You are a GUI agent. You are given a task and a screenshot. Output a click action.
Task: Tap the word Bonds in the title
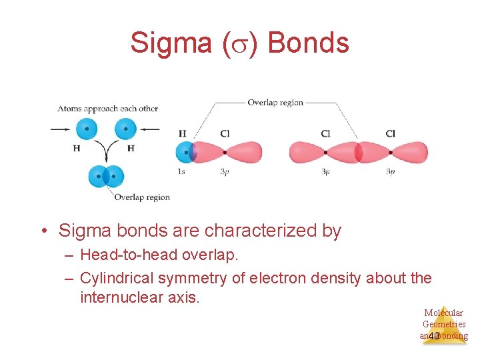point(308,43)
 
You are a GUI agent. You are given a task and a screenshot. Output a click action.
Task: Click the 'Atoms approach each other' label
point(108,108)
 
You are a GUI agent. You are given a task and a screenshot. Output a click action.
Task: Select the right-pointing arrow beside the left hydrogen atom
point(60,129)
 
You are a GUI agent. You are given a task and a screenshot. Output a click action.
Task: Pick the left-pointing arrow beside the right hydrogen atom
point(150,129)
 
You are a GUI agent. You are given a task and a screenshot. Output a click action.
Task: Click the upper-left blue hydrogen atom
point(86,129)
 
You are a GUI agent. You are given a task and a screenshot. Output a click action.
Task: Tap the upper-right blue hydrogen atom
point(125,129)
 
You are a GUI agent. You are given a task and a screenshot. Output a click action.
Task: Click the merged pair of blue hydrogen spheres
point(106,177)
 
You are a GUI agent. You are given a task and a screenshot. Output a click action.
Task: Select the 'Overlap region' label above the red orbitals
point(275,103)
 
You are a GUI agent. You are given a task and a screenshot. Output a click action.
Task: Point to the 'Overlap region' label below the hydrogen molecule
point(142,197)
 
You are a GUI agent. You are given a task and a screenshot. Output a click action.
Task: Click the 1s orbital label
point(181,171)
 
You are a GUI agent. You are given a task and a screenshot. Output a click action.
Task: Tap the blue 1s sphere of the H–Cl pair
point(184,152)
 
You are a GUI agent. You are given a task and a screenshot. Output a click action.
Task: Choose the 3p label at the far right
point(390,171)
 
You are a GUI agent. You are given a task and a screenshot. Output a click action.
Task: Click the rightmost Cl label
point(390,134)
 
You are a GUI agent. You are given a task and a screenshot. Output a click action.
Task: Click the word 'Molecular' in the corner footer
point(443,313)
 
